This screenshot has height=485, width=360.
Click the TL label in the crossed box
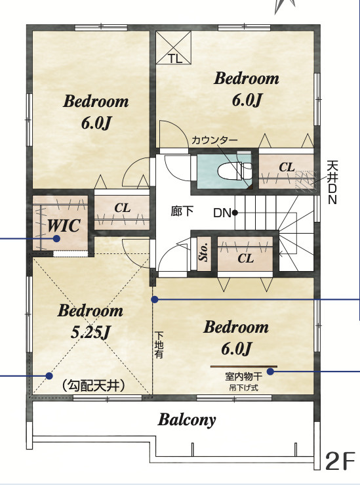(x=175, y=59)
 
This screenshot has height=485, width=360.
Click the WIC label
(x=64, y=226)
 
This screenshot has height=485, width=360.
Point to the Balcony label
(x=187, y=420)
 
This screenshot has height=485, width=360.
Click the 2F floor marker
(x=340, y=461)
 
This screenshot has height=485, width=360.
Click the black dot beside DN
(x=235, y=213)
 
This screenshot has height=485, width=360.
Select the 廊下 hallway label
(x=182, y=211)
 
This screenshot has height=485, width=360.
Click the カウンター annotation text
(x=214, y=140)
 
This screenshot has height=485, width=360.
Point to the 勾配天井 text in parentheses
(x=93, y=385)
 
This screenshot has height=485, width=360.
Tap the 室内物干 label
(x=244, y=377)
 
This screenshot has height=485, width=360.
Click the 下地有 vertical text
(x=159, y=345)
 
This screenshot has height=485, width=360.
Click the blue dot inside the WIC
(x=56, y=238)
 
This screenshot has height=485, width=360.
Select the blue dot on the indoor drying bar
(x=270, y=371)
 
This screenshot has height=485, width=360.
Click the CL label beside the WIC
(x=123, y=208)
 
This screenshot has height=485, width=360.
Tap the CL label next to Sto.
(x=246, y=258)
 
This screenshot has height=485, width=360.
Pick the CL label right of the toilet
(x=287, y=167)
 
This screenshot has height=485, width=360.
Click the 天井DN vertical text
(x=332, y=182)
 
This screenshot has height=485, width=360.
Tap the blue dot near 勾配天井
(x=49, y=376)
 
